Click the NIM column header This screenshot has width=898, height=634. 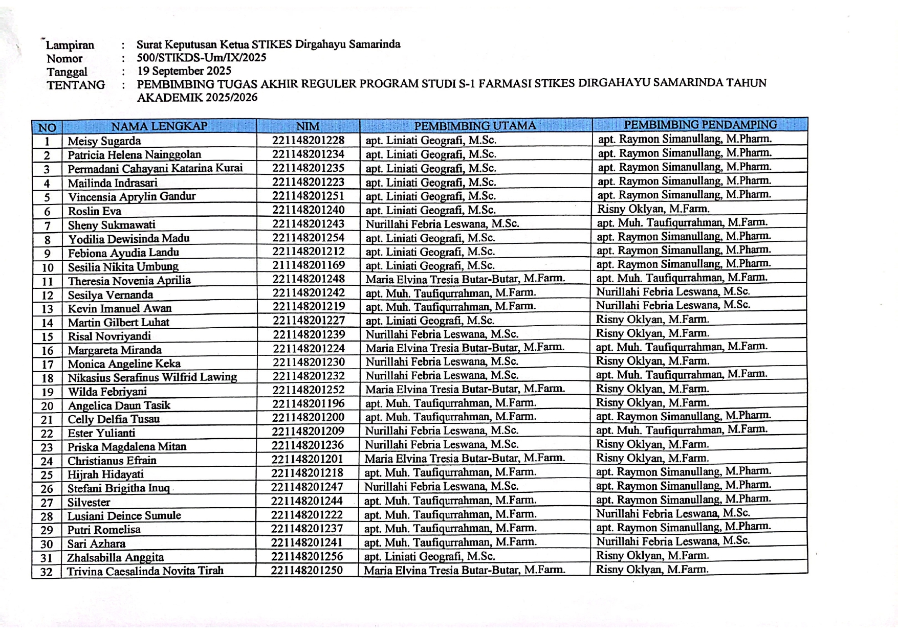click(308, 126)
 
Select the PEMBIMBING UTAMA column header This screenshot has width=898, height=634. click(475, 126)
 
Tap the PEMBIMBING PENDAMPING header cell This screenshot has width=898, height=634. click(699, 125)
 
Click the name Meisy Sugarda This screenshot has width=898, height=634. click(104, 141)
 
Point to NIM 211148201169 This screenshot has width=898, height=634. click(308, 265)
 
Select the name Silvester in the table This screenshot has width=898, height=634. click(89, 502)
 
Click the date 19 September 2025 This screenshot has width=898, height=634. click(184, 71)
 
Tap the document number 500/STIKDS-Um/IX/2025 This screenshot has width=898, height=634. click(201, 57)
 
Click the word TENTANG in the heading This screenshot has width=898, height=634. click(76, 85)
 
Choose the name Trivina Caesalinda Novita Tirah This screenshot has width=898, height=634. click(145, 571)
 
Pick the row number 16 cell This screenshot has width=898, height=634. click(47, 350)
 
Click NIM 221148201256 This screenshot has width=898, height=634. click(307, 556)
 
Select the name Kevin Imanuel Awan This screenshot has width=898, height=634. click(120, 308)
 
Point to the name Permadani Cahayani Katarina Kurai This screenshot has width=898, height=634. click(155, 168)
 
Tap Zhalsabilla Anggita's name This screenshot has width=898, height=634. click(116, 557)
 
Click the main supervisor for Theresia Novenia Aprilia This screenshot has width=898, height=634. click(465, 279)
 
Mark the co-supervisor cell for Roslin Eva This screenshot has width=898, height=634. click(653, 209)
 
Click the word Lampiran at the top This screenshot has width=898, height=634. click(71, 45)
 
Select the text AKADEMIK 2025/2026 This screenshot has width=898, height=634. click(197, 98)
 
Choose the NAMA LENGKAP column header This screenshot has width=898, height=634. click(159, 126)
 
